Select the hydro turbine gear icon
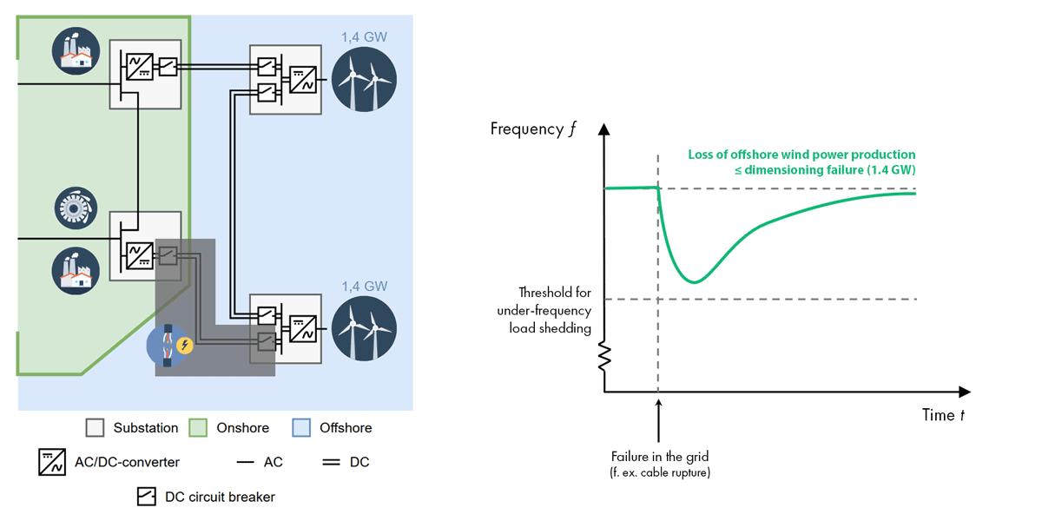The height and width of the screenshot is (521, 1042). pyautogui.click(x=72, y=207)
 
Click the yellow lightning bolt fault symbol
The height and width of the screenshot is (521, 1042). pyautogui.click(x=185, y=346)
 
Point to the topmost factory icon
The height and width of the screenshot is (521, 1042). pyautogui.click(x=72, y=49)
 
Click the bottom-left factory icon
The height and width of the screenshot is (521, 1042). pyautogui.click(x=72, y=267)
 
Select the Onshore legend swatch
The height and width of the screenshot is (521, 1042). pyautogui.click(x=199, y=428)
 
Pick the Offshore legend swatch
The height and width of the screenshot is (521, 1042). pyautogui.click(x=302, y=428)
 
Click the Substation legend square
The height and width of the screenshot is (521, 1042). pyautogui.click(x=96, y=428)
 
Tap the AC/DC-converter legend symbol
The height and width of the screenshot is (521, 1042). pyautogui.click(x=51, y=462)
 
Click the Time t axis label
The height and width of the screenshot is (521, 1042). pyautogui.click(x=943, y=415)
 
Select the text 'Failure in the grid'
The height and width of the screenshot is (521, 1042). pyautogui.click(x=659, y=457)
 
